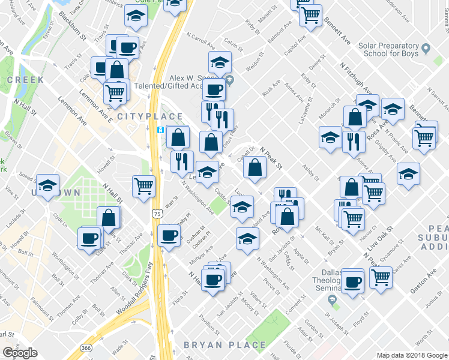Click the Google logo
point(20,353)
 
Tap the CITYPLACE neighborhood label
point(149,116)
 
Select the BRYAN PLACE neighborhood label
point(225,345)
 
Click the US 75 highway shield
point(157,213)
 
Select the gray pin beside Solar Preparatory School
point(426,47)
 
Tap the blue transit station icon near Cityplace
point(161,130)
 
